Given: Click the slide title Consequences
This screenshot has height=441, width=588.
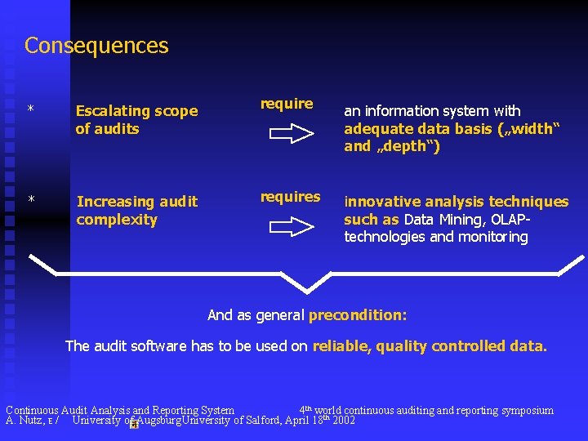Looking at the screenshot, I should (96, 46).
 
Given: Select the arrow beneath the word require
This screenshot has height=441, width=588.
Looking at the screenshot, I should (292, 136).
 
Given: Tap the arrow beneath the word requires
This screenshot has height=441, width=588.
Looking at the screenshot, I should (292, 229).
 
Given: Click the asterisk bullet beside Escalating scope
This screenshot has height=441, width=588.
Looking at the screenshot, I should (30, 109).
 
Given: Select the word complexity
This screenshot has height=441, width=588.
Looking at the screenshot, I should (117, 220).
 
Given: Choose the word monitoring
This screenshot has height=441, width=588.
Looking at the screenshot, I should (492, 238).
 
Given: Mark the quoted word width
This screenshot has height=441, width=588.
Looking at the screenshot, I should (531, 129).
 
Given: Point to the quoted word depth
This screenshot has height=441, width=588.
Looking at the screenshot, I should (411, 147).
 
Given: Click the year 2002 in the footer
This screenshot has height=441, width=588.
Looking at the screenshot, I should (343, 421).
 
